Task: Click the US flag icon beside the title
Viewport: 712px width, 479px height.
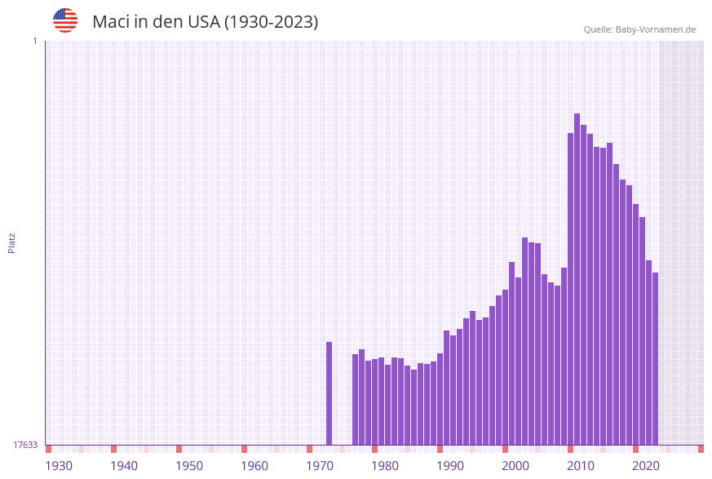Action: (x=65, y=20)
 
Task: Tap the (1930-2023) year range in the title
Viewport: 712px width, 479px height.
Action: (x=271, y=22)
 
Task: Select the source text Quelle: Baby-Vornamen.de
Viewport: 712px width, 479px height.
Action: (x=639, y=29)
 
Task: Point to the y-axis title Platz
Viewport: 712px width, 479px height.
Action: (x=12, y=242)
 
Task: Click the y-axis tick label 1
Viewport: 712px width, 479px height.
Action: (x=34, y=41)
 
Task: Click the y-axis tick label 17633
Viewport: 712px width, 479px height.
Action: (x=25, y=445)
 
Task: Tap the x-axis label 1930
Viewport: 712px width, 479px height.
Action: (x=59, y=466)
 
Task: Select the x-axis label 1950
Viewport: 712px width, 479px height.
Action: (x=189, y=466)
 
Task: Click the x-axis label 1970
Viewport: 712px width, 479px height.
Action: (x=320, y=466)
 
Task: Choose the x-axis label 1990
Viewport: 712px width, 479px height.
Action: (x=450, y=466)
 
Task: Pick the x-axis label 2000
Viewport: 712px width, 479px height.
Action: (x=515, y=466)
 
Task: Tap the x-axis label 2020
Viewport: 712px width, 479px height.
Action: (x=646, y=466)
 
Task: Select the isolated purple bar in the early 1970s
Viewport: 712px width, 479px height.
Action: (x=329, y=393)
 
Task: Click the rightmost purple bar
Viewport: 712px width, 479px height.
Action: (x=655, y=359)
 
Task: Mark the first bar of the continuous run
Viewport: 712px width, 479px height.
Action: (x=356, y=400)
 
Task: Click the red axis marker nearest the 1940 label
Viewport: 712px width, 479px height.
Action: (x=114, y=449)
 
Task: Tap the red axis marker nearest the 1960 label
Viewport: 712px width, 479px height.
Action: (x=245, y=449)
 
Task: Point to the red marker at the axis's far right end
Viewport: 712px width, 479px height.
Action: (x=701, y=449)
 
